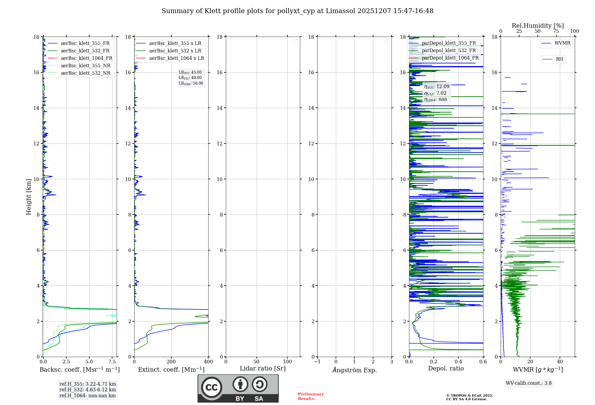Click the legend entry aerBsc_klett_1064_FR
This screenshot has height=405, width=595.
click(x=86, y=58)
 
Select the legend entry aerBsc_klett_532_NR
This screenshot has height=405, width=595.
click(x=85, y=73)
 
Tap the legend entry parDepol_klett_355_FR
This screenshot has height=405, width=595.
click(x=449, y=43)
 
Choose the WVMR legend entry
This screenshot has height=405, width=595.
click(x=562, y=43)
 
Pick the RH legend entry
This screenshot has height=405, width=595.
click(x=559, y=59)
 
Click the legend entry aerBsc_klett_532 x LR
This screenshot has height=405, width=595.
click(x=175, y=51)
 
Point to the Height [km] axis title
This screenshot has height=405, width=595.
click(x=29, y=197)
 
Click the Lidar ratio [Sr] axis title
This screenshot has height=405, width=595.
click(x=262, y=369)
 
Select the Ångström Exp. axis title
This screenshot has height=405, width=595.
click(x=354, y=370)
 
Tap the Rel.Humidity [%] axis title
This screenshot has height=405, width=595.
click(x=538, y=26)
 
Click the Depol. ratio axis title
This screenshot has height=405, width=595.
click(x=446, y=369)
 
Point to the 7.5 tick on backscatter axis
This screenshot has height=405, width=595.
click(x=112, y=362)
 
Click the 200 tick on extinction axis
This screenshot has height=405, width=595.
click(x=171, y=362)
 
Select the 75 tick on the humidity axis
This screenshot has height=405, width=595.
click(x=556, y=31)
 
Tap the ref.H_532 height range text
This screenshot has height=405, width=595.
click(x=87, y=390)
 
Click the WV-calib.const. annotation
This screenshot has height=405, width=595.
click(x=528, y=383)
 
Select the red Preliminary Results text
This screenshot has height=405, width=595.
click(x=311, y=396)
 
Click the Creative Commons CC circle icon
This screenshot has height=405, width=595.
click(x=212, y=387)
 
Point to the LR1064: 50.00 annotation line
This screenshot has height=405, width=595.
click(x=191, y=83)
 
